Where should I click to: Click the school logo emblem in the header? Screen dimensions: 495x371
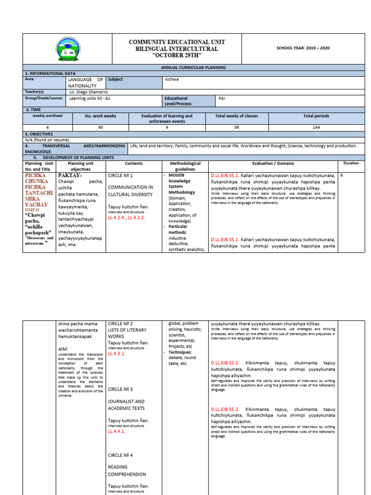tap(68, 49)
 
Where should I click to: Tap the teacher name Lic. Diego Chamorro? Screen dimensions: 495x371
tap(88, 92)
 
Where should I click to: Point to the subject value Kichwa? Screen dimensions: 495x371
tap(172, 79)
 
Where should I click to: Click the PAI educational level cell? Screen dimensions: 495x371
tap(222, 98)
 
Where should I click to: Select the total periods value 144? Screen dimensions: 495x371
tap(316, 128)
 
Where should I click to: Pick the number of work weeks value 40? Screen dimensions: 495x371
tap(100, 128)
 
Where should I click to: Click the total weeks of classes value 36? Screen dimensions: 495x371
tap(236, 128)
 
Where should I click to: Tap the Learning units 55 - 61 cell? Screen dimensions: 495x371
tap(90, 98)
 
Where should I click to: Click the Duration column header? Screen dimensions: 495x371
tap(351, 163)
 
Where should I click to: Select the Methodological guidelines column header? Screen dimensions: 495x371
tap(185, 166)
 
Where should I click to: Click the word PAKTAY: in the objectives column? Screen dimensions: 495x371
tap(70, 175)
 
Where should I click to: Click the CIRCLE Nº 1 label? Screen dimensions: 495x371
tap(120, 175)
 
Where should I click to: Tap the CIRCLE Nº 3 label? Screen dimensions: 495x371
tap(120, 389)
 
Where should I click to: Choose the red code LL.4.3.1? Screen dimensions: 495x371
tap(116, 354)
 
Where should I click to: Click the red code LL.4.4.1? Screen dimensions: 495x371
tap(116, 432)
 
